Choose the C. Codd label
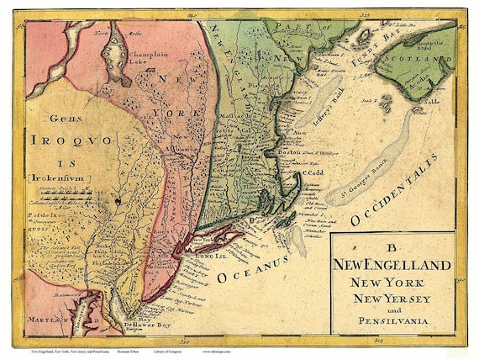[313, 173]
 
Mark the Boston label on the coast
[288, 151]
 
